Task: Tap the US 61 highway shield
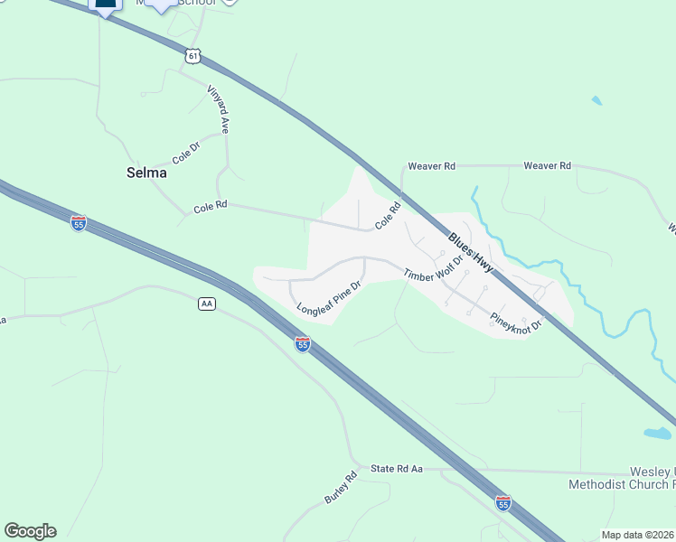[191, 56]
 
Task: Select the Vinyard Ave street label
[218, 109]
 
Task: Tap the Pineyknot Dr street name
[515, 321]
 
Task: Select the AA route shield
[207, 304]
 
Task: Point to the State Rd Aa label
[397, 469]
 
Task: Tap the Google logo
[30, 531]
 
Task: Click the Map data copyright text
[637, 535]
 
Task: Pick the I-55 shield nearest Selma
[79, 222]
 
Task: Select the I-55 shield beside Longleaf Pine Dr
[303, 343]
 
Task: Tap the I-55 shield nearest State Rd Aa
[503, 501]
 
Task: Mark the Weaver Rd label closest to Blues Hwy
[432, 166]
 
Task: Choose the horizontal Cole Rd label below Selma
[209, 208]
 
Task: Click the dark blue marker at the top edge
[106, 5]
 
